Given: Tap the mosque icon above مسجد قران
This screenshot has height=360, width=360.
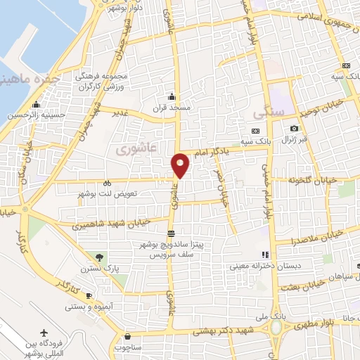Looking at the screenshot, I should coord(171,98).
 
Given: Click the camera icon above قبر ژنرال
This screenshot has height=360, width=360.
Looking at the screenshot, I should coord(294,129).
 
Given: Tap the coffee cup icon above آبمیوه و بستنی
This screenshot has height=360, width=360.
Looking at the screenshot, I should coord(89,295).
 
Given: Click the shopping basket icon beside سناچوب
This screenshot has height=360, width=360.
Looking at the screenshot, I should coord(127,335).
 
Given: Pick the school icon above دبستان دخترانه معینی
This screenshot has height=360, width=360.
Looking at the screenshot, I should coord(264,255).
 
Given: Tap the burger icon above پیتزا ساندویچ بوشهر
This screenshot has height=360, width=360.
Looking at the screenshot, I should coord(171,233).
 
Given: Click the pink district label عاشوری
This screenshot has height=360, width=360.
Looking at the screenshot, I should coord(127,149).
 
